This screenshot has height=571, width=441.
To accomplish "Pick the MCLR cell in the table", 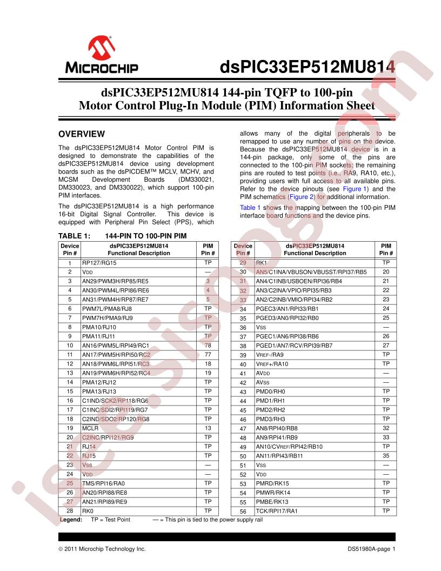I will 90,428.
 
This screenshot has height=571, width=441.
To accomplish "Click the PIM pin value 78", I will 208,345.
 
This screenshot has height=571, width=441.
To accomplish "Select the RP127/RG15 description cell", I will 99,262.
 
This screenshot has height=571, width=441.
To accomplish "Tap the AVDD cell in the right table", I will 262,373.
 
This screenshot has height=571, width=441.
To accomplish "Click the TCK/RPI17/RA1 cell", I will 277,511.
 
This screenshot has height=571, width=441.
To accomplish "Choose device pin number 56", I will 243,511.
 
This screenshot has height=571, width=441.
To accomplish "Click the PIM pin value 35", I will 385,456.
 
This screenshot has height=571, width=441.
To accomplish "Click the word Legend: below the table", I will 71,520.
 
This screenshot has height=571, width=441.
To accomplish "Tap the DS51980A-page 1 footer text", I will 372,549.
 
